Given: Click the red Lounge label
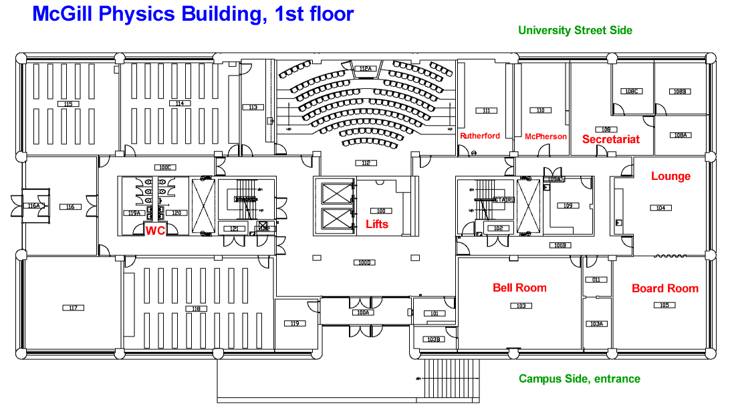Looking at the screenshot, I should tap(670, 177).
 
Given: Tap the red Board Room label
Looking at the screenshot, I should tap(664, 288).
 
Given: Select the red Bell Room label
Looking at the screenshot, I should tap(519, 288).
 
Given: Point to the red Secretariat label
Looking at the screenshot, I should tap(610, 139).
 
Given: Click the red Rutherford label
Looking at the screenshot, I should tap(479, 136).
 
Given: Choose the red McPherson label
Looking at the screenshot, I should tap(545, 136).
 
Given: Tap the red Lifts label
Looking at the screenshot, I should tap(377, 224).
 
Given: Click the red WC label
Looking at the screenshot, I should tap(155, 230).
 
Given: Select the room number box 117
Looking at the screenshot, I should tap(73, 308).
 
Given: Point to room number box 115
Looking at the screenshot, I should tap(67, 104).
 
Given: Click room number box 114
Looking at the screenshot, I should tap(178, 104).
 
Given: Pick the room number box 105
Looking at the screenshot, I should tap(662, 305).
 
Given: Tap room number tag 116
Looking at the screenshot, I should tap(70, 207).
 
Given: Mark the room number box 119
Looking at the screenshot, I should tap(294, 324).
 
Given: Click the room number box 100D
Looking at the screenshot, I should tap(364, 262).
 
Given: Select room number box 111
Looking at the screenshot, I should tap(486, 110).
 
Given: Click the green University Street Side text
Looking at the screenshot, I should tap(575, 30).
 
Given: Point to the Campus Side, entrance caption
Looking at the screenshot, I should tap(579, 379).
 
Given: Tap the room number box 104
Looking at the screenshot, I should tap(660, 208).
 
